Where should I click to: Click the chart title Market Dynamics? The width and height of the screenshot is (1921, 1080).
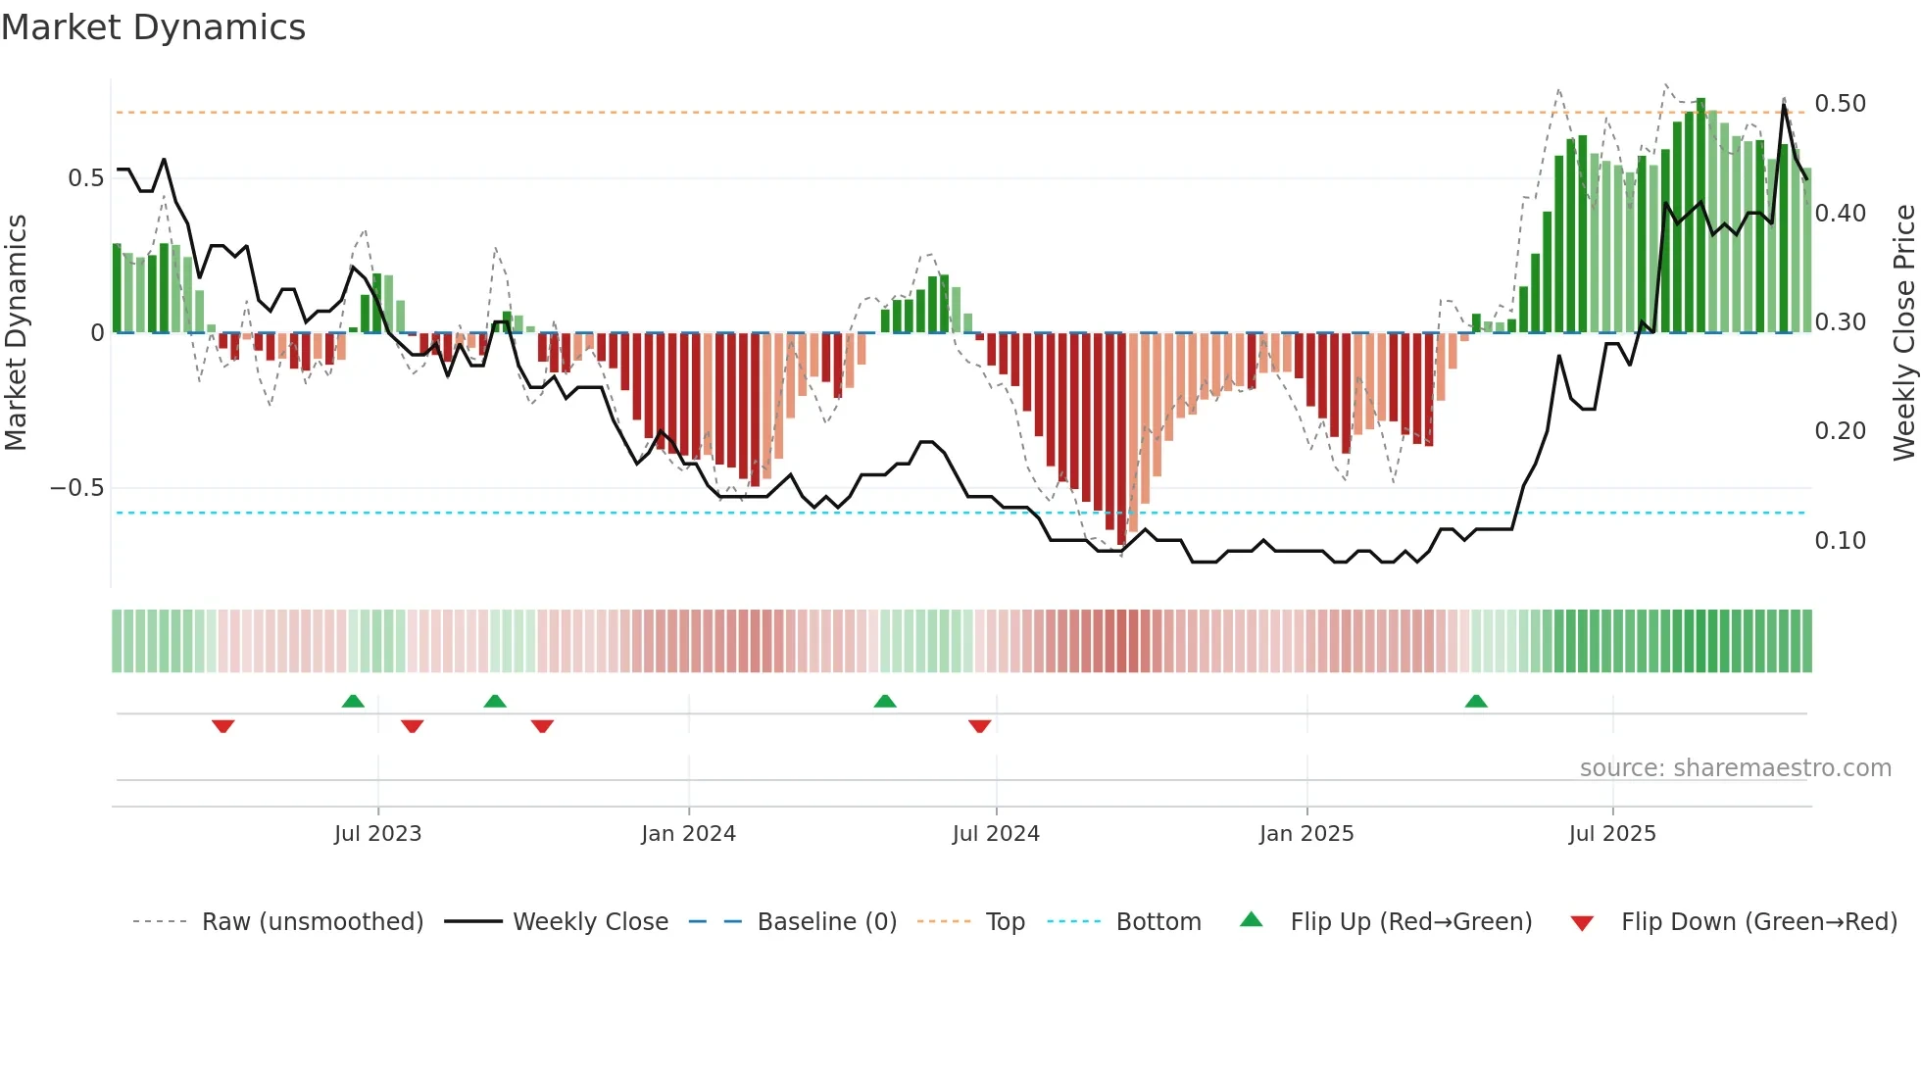(154, 27)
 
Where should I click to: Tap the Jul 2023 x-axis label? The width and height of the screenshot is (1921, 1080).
(377, 834)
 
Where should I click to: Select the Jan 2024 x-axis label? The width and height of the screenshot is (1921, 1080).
(688, 834)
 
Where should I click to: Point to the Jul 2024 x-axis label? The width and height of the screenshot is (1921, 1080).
(996, 834)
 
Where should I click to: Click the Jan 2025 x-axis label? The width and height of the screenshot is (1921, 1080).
(1306, 834)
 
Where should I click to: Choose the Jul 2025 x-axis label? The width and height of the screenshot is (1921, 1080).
(1612, 834)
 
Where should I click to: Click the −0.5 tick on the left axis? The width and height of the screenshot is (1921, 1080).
(77, 488)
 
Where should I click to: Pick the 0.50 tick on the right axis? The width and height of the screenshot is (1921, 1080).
(1840, 104)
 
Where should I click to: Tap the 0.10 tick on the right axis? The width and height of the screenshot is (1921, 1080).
(1840, 541)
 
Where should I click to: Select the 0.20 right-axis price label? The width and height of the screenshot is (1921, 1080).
(1840, 431)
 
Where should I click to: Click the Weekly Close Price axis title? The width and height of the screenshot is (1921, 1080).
(1903, 332)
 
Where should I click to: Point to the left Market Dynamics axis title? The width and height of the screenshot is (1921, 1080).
(17, 332)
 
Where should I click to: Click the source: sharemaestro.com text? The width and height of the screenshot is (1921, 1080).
(1735, 768)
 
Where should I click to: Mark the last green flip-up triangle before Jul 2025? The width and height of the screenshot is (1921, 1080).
(1476, 701)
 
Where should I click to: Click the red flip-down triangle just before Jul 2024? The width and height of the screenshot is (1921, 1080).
(979, 726)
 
